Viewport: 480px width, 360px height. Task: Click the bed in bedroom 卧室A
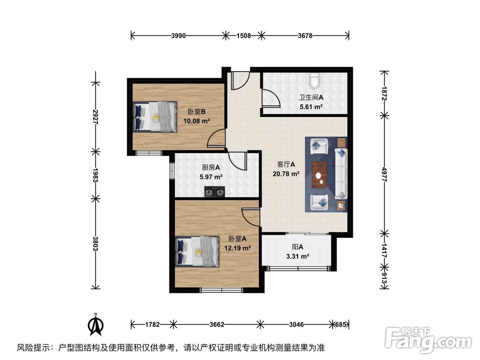198,252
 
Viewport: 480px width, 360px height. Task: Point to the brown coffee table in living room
319,174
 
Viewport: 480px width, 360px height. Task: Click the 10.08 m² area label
197,121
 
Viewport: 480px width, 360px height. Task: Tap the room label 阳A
298,247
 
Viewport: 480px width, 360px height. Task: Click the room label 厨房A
211,168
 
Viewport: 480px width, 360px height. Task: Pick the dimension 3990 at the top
178,36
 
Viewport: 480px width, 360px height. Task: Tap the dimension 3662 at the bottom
217,325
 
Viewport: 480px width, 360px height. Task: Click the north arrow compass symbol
96,325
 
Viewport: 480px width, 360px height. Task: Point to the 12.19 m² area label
238,248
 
